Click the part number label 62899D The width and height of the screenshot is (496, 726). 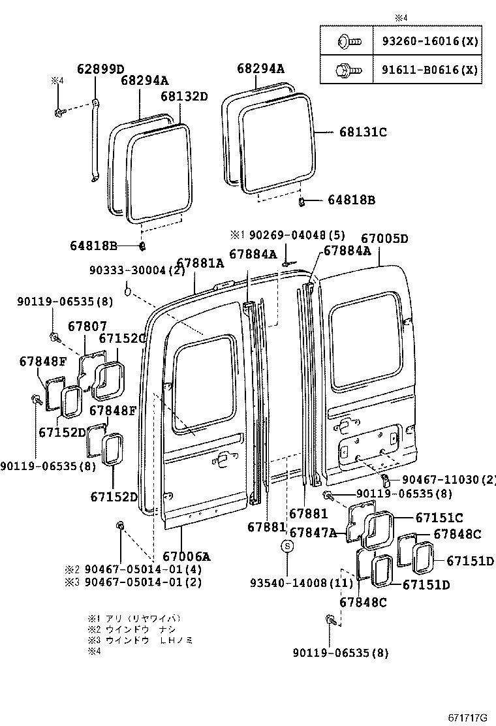(x=101, y=69)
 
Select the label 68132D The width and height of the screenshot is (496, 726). (x=183, y=97)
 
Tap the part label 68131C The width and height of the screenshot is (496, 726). (x=363, y=132)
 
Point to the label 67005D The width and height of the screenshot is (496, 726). (x=384, y=239)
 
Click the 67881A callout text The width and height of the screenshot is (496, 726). (x=200, y=263)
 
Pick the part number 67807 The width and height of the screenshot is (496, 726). (x=87, y=326)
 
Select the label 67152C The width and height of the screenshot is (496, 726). (x=122, y=338)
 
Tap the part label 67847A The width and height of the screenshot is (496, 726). (x=313, y=533)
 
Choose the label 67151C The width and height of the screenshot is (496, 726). (x=439, y=518)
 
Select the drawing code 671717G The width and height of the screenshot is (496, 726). (x=467, y=718)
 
